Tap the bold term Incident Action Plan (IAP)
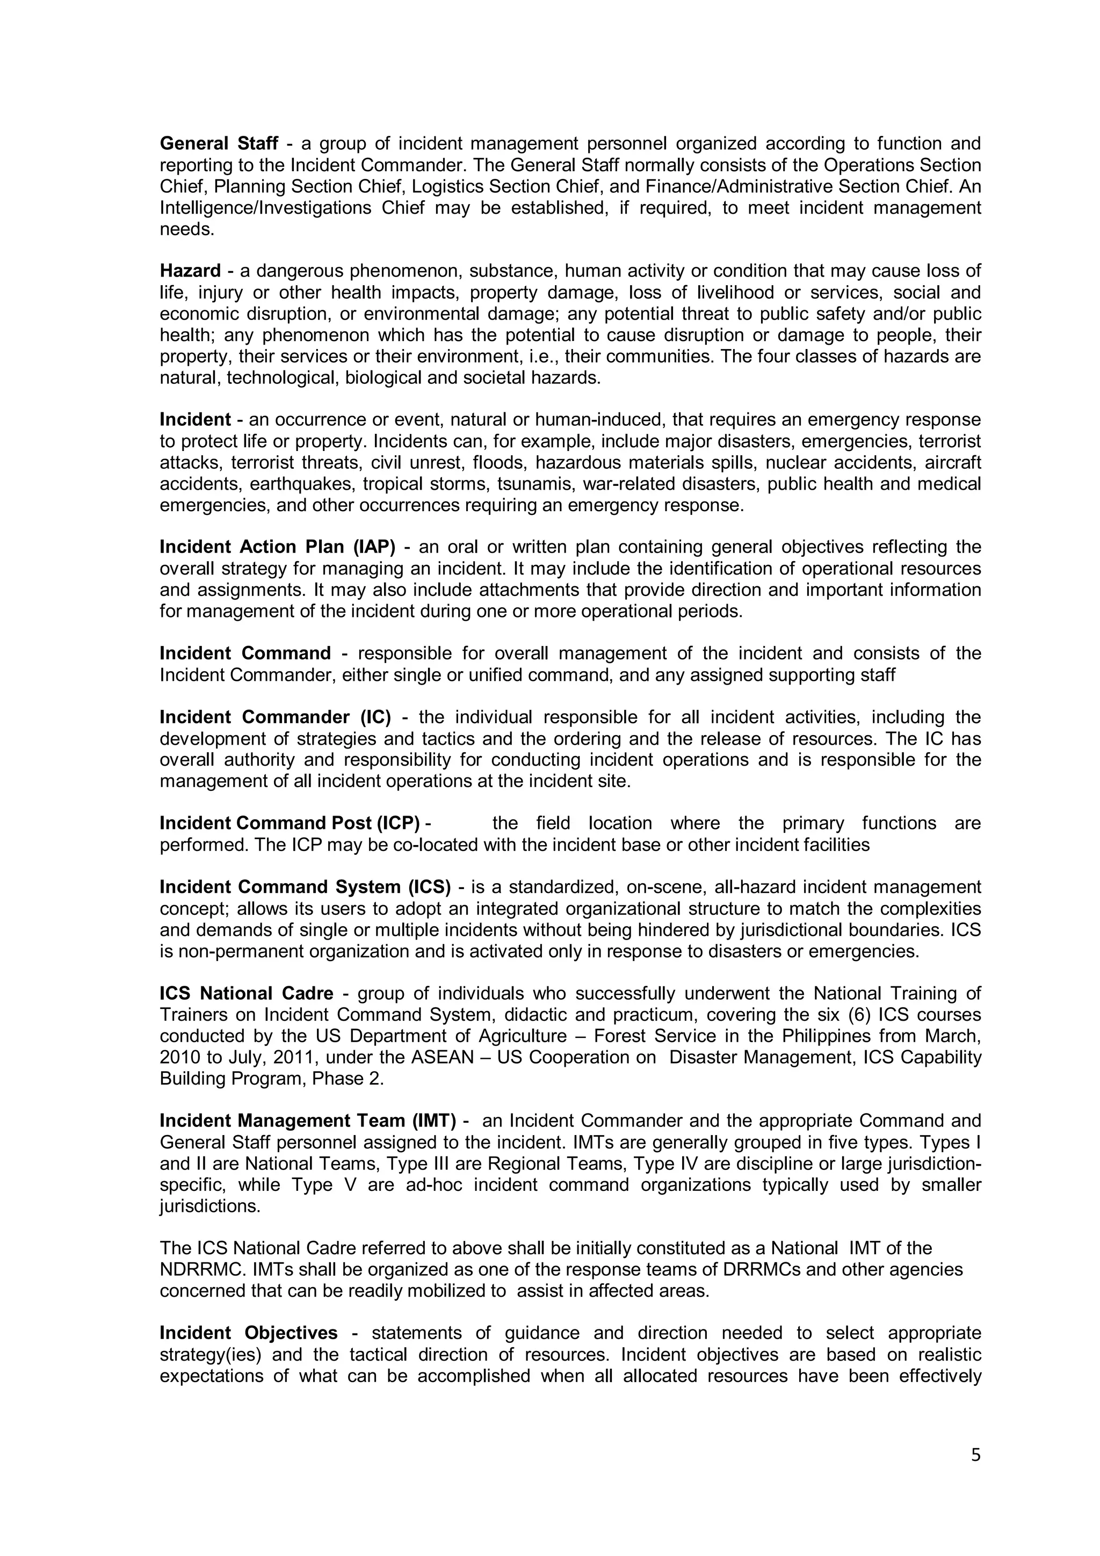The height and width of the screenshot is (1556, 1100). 277,547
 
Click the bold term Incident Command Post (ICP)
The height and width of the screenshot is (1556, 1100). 290,824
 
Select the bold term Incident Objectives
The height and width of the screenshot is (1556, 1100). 248,1333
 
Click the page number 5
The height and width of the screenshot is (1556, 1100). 975,1455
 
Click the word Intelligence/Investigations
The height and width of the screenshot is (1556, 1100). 265,208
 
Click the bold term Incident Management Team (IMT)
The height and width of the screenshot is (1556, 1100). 308,1121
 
